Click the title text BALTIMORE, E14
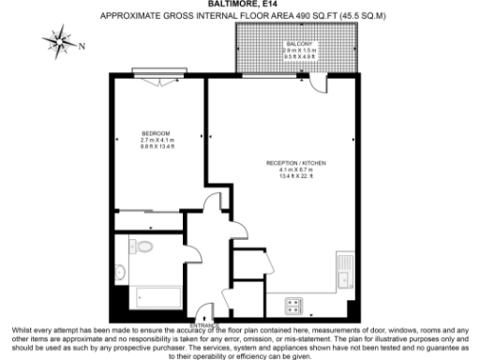(239, 5)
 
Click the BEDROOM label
(156, 133)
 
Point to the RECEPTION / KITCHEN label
(295, 163)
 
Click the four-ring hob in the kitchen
(292, 305)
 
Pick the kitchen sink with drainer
(344, 272)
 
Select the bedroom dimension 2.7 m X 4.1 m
(156, 141)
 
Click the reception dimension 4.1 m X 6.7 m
(295, 171)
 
